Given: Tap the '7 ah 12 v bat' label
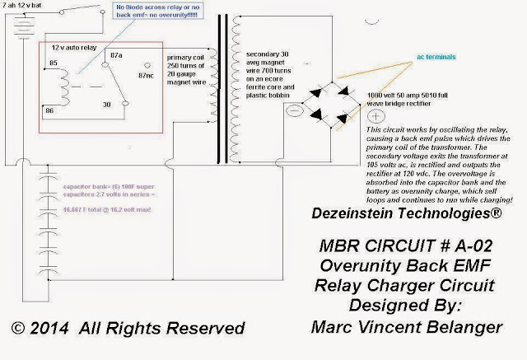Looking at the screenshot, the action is [26, 5].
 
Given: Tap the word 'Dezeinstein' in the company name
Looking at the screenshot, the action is [352, 213].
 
